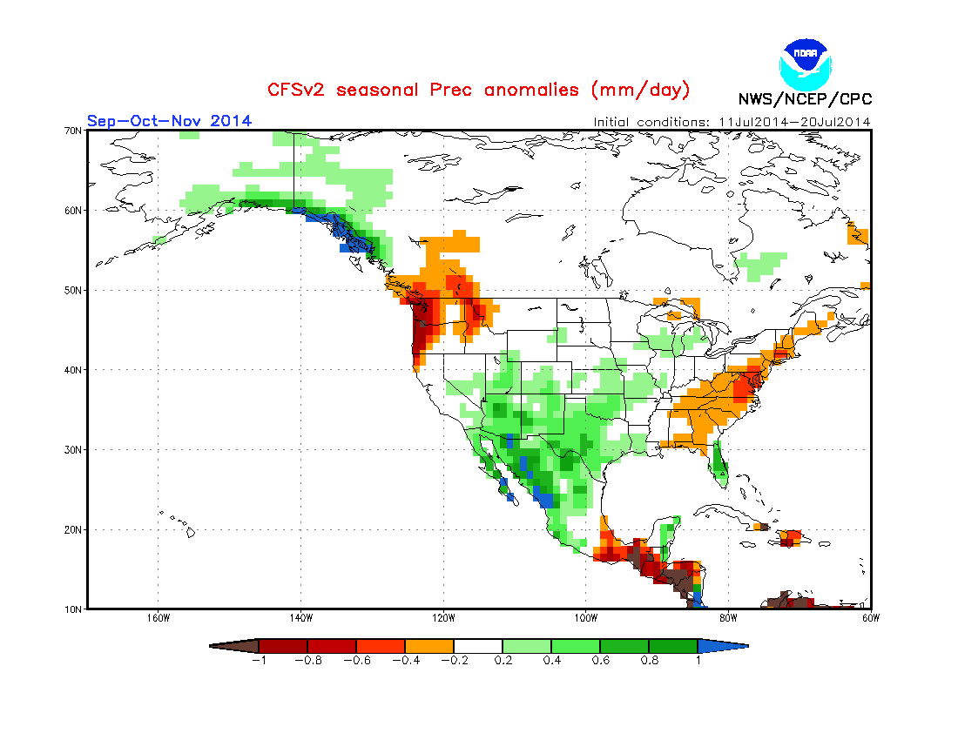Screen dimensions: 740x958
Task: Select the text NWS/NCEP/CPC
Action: coord(805,98)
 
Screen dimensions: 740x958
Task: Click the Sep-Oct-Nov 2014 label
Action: coord(169,120)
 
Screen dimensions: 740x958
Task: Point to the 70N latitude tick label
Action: coord(73,131)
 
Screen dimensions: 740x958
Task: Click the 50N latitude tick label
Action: coord(73,290)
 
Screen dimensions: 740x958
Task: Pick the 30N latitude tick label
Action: coord(73,449)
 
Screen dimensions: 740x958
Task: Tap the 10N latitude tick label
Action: coord(73,609)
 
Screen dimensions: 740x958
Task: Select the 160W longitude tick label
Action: coord(158,619)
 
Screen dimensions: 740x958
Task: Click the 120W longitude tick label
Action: coord(443,619)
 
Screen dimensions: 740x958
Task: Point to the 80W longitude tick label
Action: coord(728,619)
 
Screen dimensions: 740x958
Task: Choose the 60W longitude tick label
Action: coord(870,619)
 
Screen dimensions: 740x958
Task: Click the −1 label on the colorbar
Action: coord(258,661)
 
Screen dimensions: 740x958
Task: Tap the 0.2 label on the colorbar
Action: coord(503,661)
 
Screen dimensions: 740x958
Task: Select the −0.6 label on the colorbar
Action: coord(355,661)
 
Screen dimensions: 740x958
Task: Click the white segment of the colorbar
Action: coord(478,646)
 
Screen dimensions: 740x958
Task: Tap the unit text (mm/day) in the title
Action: coord(640,90)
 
